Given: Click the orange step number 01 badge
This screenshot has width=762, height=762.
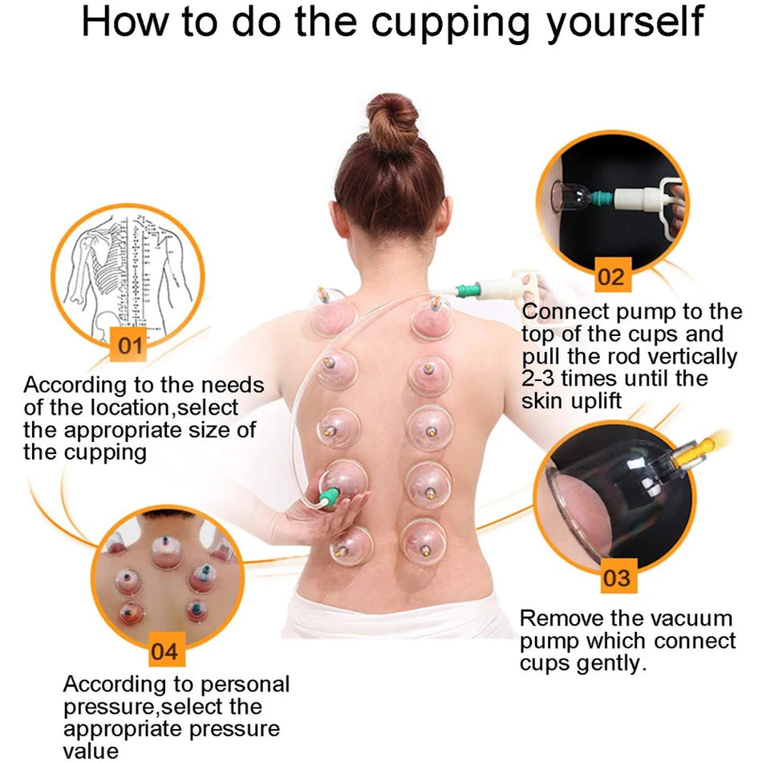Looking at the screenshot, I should click(128, 346).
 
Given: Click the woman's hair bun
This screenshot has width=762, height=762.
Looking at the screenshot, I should click(392, 121).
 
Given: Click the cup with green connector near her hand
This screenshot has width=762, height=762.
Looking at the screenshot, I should click(342, 481).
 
